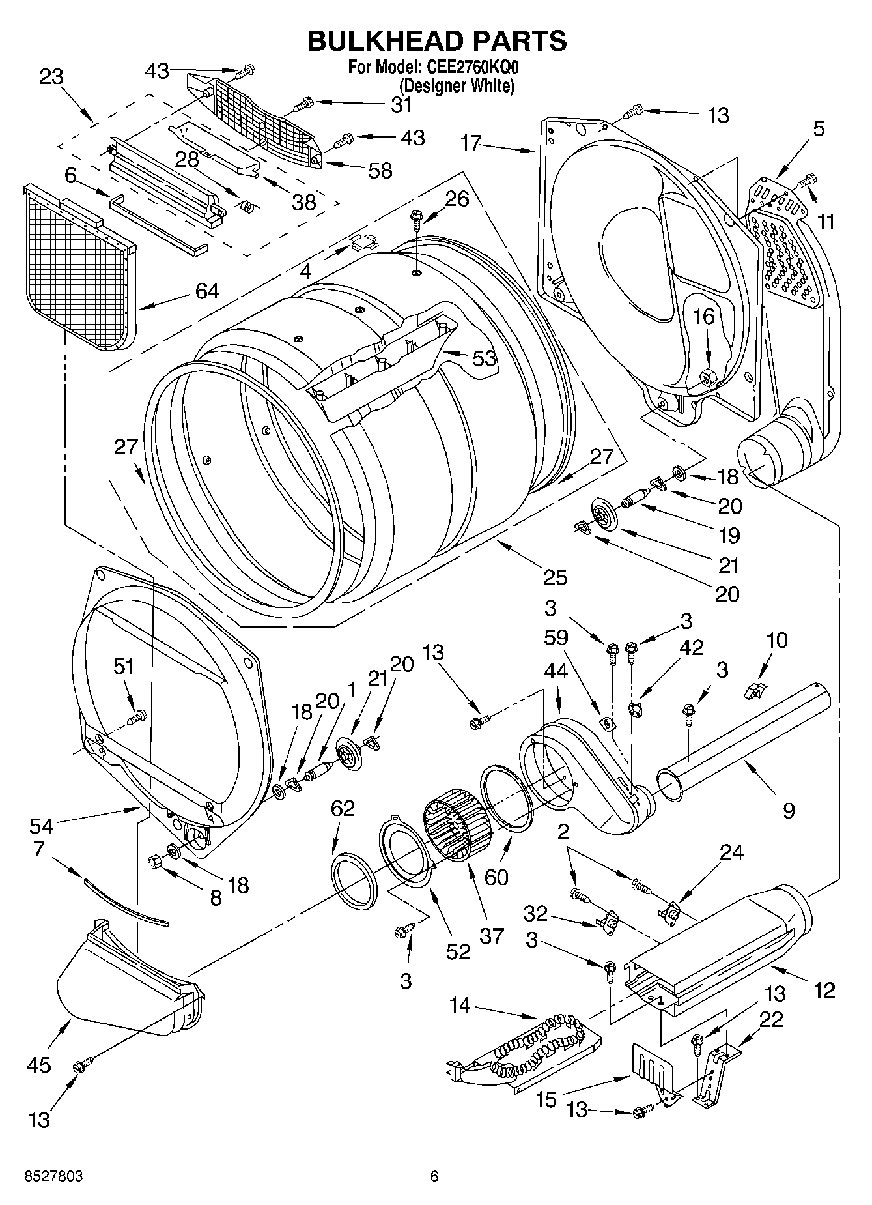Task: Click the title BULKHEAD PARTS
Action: (436, 40)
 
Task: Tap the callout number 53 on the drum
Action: (484, 358)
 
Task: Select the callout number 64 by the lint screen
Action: (206, 291)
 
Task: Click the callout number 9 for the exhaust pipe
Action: (788, 811)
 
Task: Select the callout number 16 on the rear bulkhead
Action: (704, 317)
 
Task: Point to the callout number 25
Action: (556, 577)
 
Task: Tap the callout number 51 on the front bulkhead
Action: (123, 667)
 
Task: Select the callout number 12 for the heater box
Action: (824, 991)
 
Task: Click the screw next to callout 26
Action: (416, 217)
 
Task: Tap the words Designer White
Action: (457, 85)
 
